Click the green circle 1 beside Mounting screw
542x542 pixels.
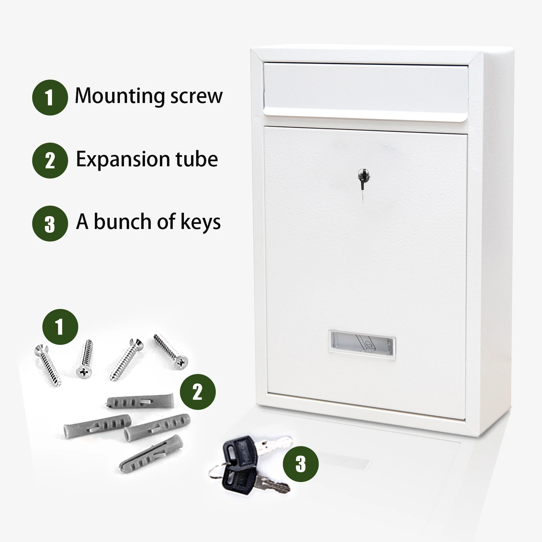tap(50, 98)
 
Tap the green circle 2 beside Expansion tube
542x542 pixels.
tap(50, 161)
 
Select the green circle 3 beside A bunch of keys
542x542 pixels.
tap(50, 224)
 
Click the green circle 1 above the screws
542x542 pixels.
tap(60, 327)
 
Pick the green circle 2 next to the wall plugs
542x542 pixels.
tap(197, 392)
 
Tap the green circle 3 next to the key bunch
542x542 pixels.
tap(300, 464)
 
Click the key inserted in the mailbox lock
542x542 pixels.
tap(361, 180)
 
